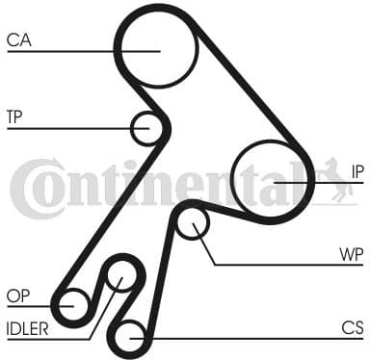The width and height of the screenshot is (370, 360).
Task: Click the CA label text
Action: pos(18,39)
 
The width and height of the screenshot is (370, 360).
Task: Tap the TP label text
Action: pos(14,117)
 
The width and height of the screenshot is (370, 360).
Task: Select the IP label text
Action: pos(357,171)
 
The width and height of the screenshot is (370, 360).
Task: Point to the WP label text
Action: pos(352,254)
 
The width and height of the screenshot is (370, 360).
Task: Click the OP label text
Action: pos(16,296)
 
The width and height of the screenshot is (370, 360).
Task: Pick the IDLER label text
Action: pos(27,327)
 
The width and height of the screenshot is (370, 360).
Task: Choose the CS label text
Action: pos(353,327)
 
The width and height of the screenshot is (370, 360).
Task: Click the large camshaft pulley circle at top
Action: pos(156,45)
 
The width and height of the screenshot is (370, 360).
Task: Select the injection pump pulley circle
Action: pos(273,181)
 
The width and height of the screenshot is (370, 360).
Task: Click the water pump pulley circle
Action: pos(194,226)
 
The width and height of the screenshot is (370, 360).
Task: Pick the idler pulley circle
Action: pos(120,277)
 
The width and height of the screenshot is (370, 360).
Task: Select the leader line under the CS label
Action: pos(251,338)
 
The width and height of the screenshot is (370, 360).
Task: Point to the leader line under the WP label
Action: pos(289,264)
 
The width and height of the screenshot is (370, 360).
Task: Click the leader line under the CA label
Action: pos(77,50)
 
